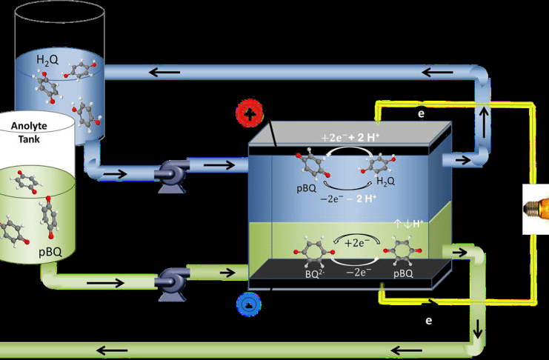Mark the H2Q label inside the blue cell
coord(385,181)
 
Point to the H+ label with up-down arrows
coord(413,223)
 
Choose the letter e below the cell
coord(428,321)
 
